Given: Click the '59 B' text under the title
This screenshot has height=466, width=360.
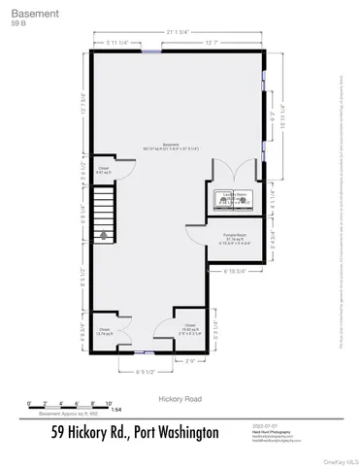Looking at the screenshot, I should coord(17,25).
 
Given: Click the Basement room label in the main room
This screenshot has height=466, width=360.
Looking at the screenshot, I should coord(176,147).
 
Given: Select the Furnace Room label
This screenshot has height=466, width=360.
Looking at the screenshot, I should coord(232,239).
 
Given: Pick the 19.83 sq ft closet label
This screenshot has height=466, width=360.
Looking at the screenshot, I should coord(191,328).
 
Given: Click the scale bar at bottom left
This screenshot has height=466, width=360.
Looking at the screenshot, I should coord(72,407).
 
